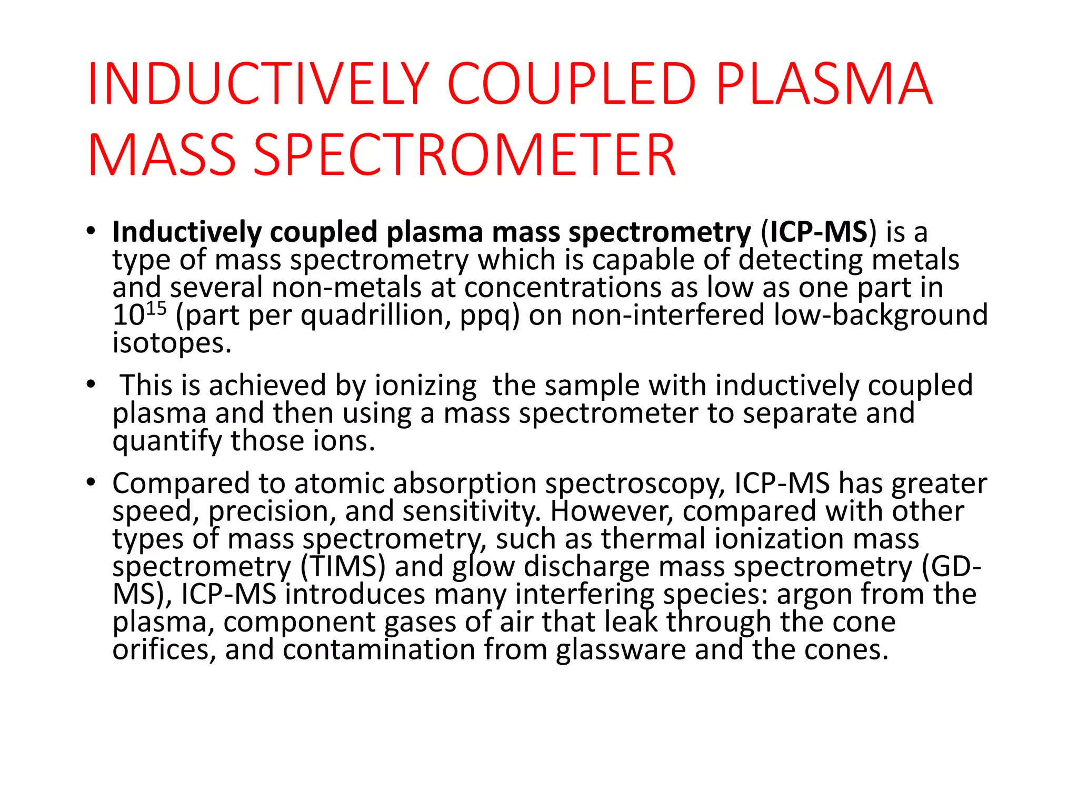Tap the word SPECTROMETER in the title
pyautogui.click(x=464, y=155)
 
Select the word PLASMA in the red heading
pyautogui.click(x=824, y=84)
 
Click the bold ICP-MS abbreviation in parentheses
pyautogui.click(x=819, y=232)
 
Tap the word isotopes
pyautogui.click(x=172, y=343)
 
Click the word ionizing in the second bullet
pyautogui.click(x=425, y=386)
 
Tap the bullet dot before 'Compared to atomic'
pyautogui.click(x=91, y=481)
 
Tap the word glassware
pyautogui.click(x=621, y=649)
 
